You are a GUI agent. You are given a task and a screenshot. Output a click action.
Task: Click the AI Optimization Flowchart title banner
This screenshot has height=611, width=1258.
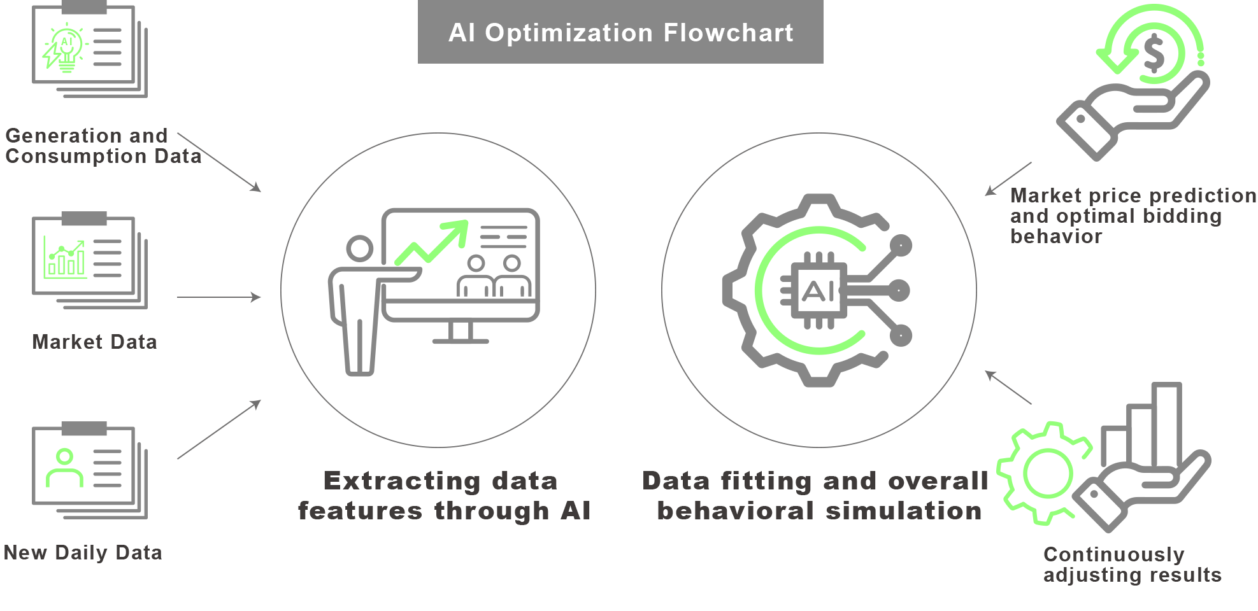620,32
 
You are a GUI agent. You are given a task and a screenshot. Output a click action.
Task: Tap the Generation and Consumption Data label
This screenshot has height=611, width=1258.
103,146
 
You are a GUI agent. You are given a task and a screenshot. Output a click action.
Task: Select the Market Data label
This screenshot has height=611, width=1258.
94,342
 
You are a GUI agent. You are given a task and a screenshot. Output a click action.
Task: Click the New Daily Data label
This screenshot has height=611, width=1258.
83,552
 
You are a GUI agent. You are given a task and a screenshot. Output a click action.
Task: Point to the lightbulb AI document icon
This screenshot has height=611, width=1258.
90,50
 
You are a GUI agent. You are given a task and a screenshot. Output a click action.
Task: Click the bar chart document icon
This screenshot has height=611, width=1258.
90,260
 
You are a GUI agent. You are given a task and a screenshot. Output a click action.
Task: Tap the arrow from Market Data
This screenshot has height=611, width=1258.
219,297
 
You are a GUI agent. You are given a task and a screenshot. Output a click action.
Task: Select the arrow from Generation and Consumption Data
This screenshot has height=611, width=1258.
219,162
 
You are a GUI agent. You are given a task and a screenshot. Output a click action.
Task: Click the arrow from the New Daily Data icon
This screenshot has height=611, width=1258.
219,430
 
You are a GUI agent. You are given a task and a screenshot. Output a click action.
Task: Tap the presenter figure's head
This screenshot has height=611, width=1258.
360,248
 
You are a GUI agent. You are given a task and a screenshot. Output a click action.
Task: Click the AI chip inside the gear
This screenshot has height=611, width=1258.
818,291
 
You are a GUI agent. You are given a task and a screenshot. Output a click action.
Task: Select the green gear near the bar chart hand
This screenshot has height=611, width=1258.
1046,473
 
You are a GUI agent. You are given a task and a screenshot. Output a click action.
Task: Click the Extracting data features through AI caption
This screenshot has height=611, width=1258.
444,496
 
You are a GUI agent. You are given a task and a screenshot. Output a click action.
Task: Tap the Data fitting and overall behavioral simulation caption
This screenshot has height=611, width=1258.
816,496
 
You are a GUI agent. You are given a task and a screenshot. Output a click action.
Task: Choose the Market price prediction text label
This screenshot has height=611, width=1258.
1133,216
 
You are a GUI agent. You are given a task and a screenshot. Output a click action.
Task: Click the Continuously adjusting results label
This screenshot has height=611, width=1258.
1132,565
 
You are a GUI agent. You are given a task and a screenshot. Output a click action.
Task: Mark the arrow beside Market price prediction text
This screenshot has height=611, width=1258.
1008,179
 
